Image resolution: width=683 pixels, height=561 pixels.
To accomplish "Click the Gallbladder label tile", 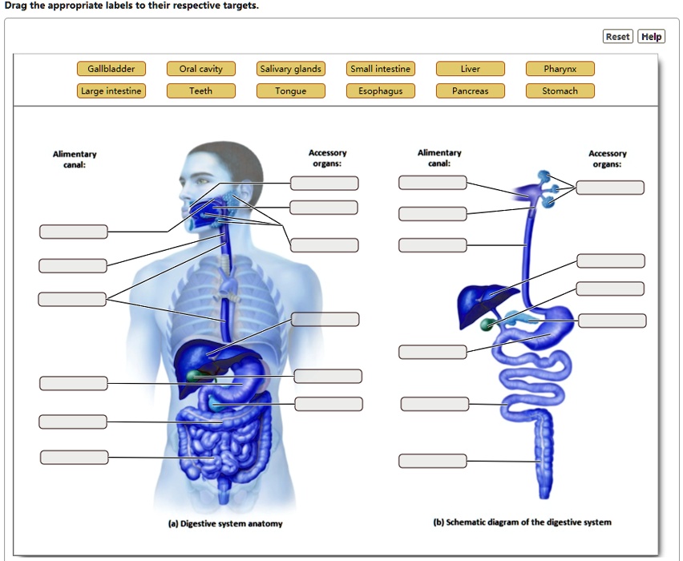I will [x=111, y=69].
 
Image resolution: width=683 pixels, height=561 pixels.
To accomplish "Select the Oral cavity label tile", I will [x=200, y=69].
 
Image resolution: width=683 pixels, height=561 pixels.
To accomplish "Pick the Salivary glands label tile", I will [x=290, y=69].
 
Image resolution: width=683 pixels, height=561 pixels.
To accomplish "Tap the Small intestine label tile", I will [x=380, y=69].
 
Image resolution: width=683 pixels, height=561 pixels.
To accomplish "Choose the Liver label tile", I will [x=470, y=69].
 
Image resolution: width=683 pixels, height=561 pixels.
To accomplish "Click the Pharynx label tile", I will [x=560, y=69].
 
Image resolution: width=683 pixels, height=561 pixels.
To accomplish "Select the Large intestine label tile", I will [x=111, y=91].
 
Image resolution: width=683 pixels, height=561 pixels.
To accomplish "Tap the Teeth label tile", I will [x=200, y=91].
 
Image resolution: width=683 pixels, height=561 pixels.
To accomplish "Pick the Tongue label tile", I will [x=290, y=91].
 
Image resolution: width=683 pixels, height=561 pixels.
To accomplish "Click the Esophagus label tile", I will [x=380, y=91].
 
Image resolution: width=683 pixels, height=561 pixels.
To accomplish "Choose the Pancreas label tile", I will [x=470, y=91].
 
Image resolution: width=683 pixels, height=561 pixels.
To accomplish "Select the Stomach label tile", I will [x=560, y=91].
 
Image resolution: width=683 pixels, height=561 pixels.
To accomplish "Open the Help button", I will [x=651, y=36].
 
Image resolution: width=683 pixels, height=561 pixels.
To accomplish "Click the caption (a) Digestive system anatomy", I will [x=224, y=523].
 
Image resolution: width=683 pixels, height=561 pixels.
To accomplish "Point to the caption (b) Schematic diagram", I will [x=522, y=522].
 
